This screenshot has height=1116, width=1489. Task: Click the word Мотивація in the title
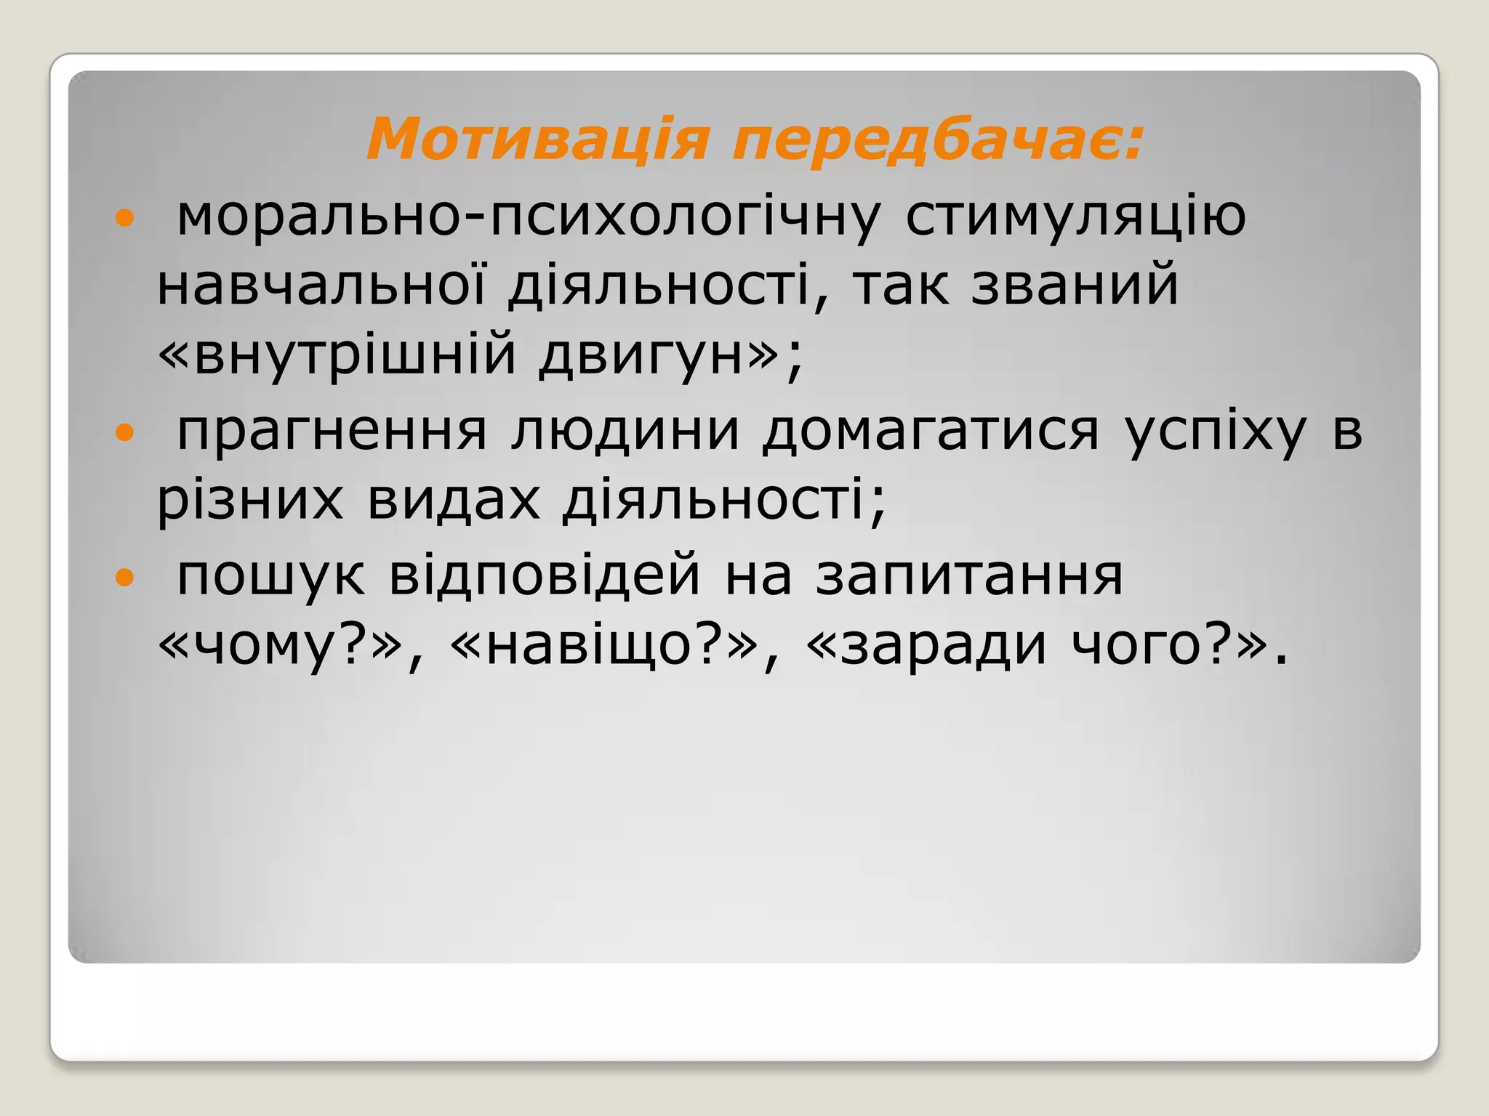537,139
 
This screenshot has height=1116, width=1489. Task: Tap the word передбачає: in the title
938,139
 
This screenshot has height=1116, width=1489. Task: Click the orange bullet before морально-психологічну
125,217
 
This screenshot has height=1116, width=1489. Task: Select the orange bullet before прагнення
125,433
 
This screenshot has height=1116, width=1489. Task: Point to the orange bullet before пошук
125,577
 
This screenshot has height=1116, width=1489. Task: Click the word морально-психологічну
529,217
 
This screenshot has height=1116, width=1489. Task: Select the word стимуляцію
1075,217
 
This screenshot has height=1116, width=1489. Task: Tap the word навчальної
321,286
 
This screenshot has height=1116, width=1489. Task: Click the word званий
1075,286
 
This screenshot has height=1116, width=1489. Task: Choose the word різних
250,501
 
